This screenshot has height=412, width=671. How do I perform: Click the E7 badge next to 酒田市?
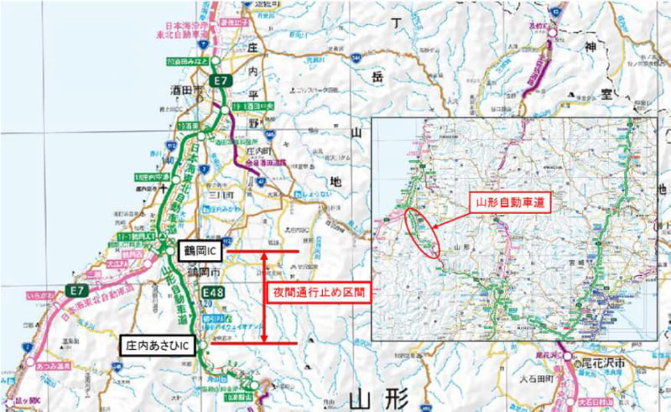coord(220,81)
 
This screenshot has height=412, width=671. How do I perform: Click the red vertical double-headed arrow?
coord(266,296)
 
